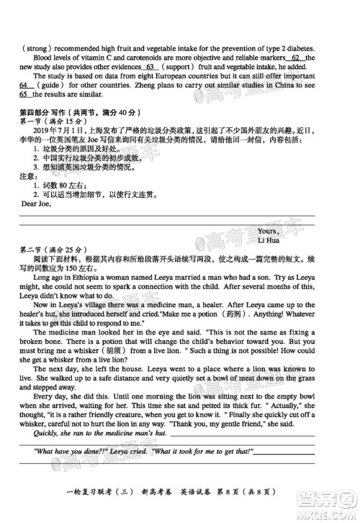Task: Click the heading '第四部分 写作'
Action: pyautogui.click(x=44, y=112)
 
